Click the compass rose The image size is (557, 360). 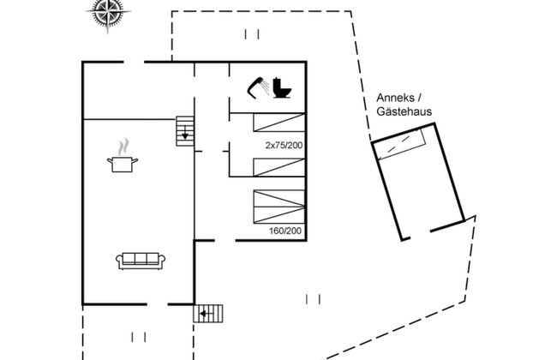(x=106, y=13)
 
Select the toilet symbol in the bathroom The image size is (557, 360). (x=282, y=87)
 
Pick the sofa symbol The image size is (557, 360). (x=141, y=260)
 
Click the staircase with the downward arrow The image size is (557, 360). (x=185, y=130)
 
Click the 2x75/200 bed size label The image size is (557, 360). (x=284, y=146)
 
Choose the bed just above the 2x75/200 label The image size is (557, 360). (x=279, y=122)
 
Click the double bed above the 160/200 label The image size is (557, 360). (x=279, y=207)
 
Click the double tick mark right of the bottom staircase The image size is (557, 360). (x=313, y=299)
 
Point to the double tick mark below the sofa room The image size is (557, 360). (x=135, y=335)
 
